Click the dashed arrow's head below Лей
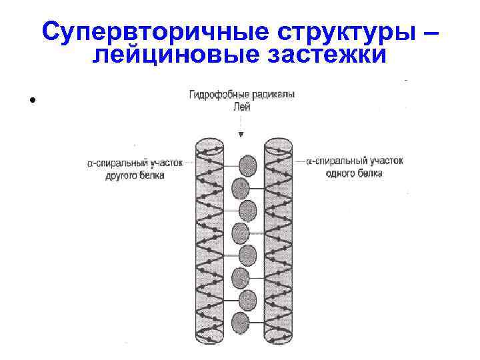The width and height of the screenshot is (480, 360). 241,135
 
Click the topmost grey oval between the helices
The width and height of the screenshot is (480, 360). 248,164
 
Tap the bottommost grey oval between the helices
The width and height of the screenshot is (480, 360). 239,323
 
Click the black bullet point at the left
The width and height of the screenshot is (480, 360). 31,101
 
